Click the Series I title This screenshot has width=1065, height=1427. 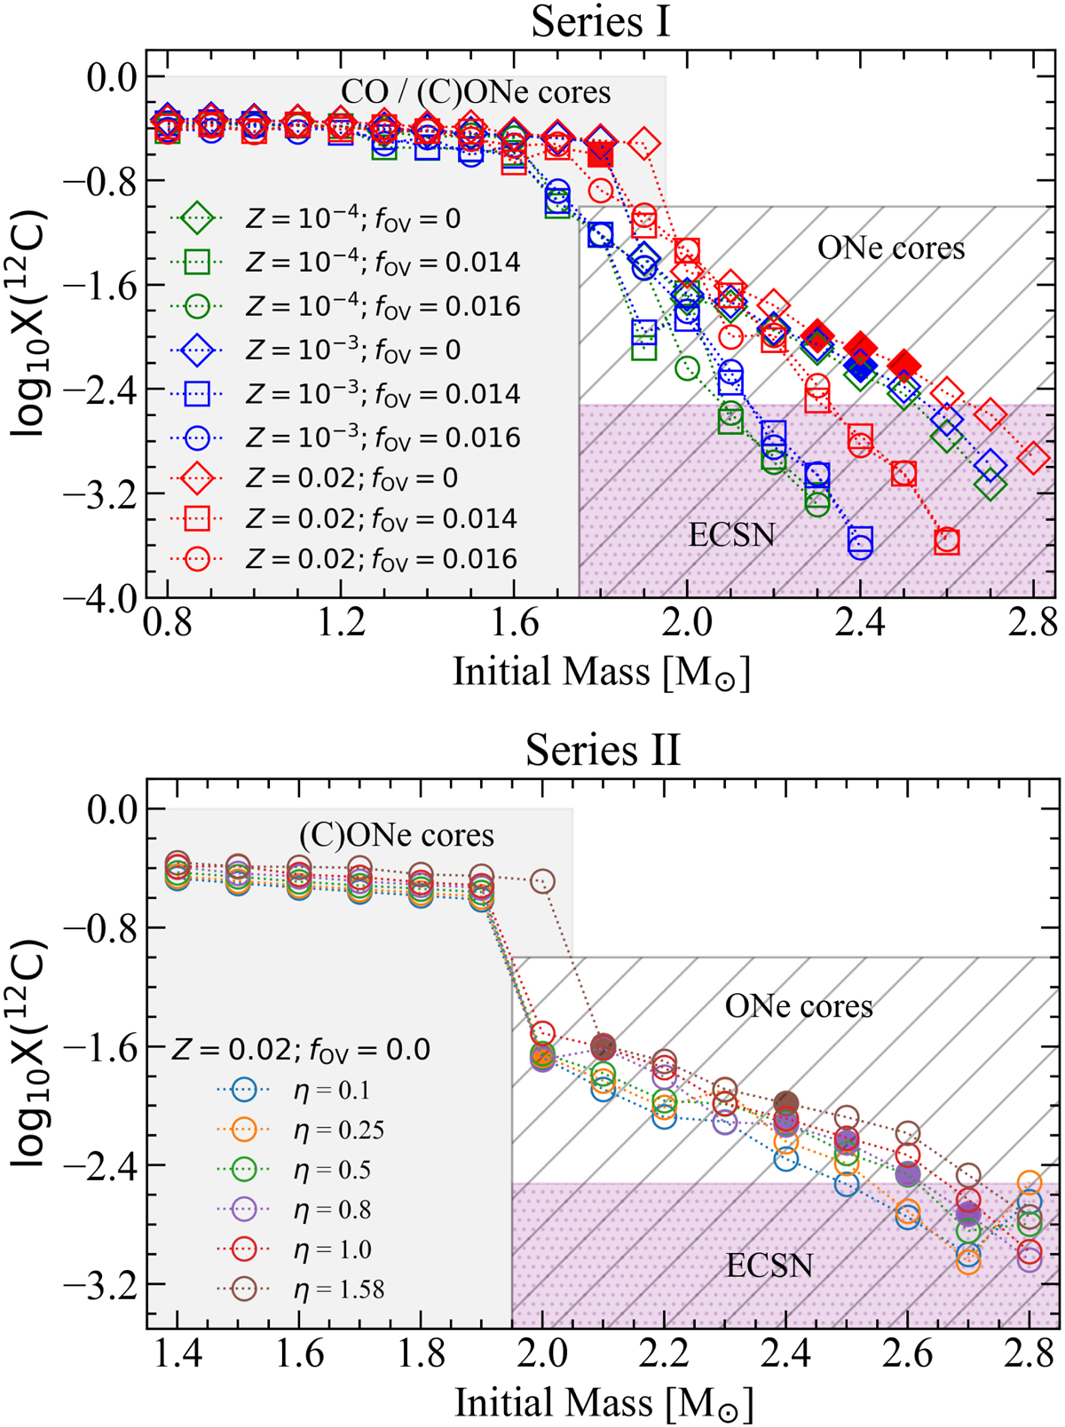coord(601,21)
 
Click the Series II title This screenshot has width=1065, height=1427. coord(603,750)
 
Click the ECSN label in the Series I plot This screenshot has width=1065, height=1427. coord(731,535)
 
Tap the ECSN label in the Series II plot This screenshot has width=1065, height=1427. coord(769,1265)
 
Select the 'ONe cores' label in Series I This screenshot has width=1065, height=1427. coord(890,248)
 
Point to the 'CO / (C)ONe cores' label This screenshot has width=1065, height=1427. coord(476,92)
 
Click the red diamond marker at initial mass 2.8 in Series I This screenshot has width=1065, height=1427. coord(1033,459)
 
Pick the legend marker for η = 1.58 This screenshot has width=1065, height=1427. coord(245,1289)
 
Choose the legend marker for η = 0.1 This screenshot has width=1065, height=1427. coord(245,1090)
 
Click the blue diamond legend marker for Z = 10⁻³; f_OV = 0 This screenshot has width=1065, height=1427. coord(197,350)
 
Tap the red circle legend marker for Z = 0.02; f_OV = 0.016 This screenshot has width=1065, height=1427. coord(197,559)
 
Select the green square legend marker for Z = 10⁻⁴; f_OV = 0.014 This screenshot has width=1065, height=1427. coord(197,262)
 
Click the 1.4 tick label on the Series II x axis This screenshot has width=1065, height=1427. coord(177,1355)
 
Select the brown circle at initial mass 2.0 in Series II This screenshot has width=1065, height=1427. coord(542,881)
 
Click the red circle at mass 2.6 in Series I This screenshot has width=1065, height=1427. coord(947,540)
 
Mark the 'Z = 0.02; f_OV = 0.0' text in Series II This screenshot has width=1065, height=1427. coord(300,1050)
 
